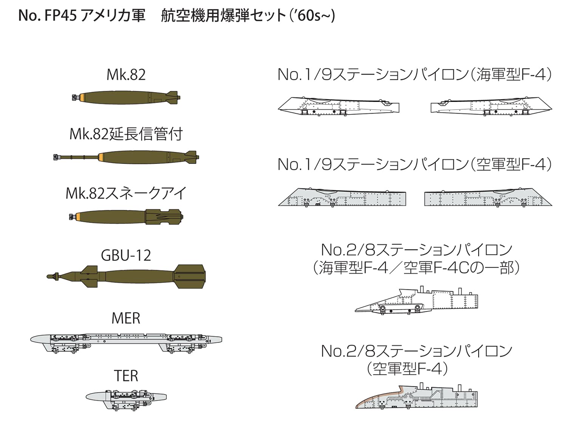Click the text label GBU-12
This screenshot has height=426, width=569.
coord(126,256)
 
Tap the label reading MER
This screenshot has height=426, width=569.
coord(126,318)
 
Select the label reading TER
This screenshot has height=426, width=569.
coord(126,376)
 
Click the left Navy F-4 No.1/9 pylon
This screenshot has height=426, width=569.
coord(339,106)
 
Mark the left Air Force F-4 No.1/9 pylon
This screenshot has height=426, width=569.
coord(342,198)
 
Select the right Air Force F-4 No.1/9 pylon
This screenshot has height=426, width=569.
coord(488,198)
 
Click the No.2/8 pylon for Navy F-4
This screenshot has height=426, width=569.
coord(416,300)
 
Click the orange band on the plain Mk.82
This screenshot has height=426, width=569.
coord(81,97)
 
